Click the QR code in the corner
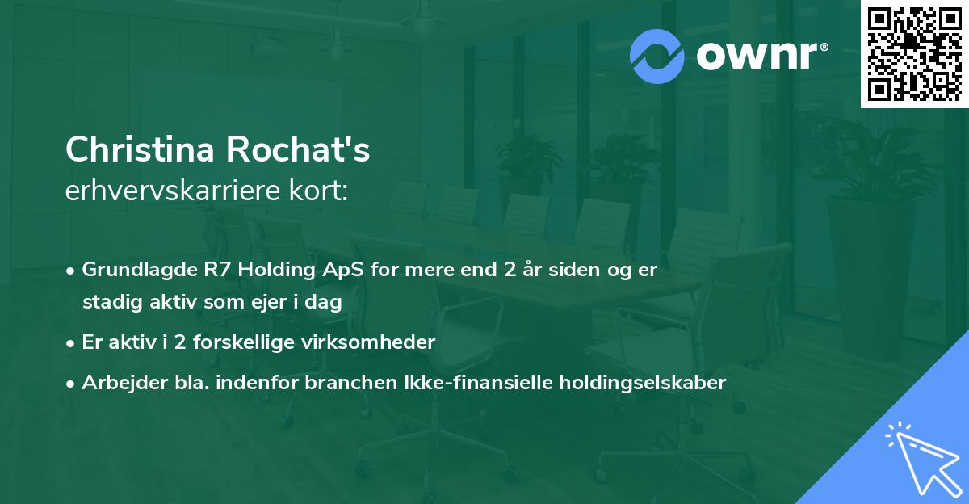(x=914, y=53)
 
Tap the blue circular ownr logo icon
(x=656, y=56)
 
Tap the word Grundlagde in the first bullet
(x=133, y=270)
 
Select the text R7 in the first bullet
(x=205, y=270)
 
